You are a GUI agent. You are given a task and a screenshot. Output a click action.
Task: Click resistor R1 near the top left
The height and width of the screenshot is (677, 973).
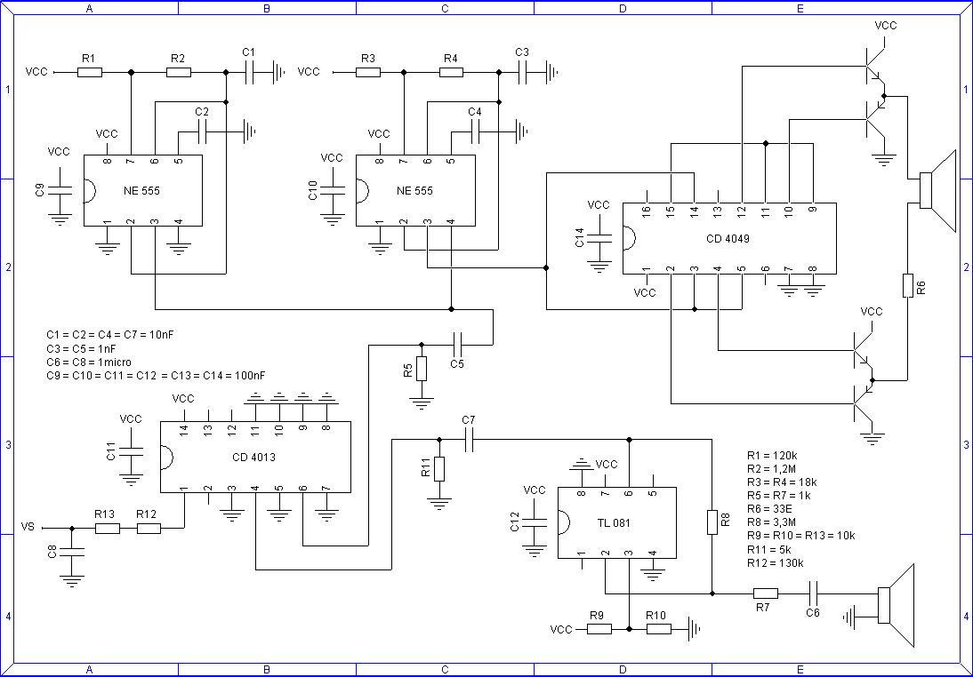[89, 72]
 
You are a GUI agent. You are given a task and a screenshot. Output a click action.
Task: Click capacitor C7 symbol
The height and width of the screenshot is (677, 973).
[469, 439]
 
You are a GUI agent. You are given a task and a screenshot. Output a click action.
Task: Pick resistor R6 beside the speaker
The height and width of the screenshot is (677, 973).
[907, 286]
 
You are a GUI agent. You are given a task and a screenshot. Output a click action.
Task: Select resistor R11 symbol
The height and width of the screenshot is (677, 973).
[438, 469]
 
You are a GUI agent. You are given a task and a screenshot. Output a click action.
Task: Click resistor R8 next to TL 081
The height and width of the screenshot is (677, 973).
[712, 522]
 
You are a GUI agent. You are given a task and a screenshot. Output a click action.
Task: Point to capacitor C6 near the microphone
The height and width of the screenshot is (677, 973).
[813, 593]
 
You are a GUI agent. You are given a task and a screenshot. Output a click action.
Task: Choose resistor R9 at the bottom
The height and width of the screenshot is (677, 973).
[599, 629]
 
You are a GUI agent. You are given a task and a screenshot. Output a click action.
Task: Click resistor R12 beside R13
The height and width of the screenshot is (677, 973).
[148, 529]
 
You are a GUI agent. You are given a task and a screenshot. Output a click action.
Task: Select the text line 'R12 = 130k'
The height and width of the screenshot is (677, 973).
[775, 562]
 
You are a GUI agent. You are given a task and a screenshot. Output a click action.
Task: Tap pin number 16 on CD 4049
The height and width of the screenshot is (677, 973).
[646, 210]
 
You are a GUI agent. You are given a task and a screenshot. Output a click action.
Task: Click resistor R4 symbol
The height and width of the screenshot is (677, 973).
[450, 72]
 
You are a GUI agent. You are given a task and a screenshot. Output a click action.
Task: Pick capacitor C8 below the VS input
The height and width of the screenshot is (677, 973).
[72, 553]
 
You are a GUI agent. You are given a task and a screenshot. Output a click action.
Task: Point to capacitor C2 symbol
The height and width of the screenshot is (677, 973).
[203, 133]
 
